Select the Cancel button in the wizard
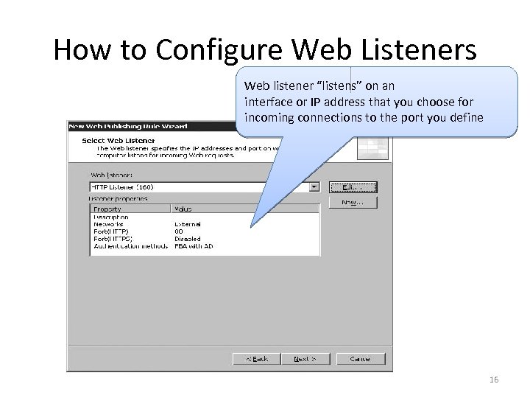click(360, 359)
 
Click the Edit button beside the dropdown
click(353, 186)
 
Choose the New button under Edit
click(353, 201)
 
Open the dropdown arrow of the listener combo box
click(315, 186)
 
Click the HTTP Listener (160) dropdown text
click(121, 186)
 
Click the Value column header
click(183, 209)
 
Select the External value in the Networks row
click(188, 224)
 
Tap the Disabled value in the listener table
click(188, 238)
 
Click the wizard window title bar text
click(128, 126)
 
